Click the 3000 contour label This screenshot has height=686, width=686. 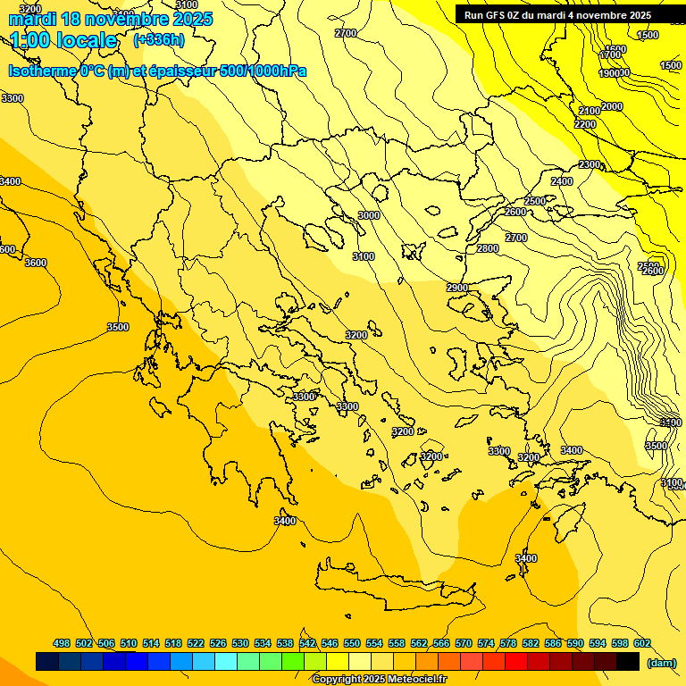[368, 215]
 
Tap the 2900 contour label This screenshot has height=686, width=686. [457, 288]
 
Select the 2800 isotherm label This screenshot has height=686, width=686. [487, 248]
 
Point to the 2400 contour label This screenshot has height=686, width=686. [562, 181]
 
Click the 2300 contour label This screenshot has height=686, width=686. [590, 165]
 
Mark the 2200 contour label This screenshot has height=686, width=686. [585, 124]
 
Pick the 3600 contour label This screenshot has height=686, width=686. [36, 263]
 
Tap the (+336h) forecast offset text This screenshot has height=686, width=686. [159, 39]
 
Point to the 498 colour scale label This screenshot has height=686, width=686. [62, 643]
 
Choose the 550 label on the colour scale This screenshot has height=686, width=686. [352, 643]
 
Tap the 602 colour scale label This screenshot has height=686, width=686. [642, 643]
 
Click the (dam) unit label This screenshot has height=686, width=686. [662, 663]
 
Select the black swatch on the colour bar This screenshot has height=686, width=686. [628, 662]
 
